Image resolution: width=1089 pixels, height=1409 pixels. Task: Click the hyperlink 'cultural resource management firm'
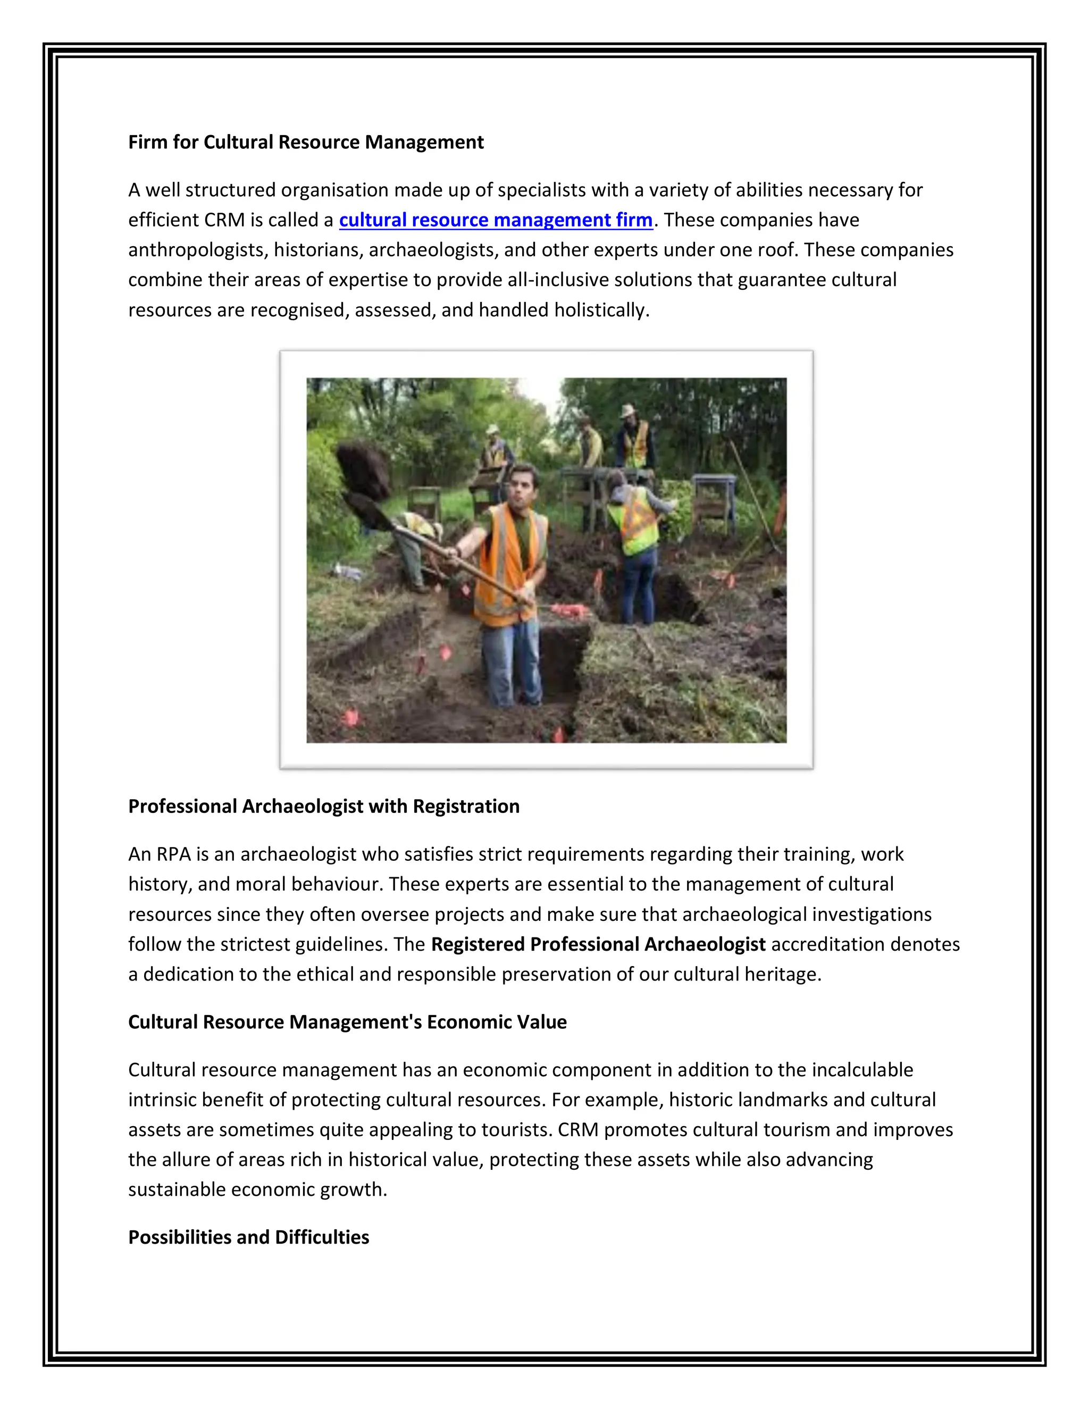[496, 220]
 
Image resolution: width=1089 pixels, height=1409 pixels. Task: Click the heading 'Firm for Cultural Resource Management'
[306, 142]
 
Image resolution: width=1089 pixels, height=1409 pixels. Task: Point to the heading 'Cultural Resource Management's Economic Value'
[347, 1021]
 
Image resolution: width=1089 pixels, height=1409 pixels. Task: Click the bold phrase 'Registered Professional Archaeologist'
[598, 944]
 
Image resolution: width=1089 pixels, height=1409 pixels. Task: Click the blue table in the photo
[714, 484]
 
